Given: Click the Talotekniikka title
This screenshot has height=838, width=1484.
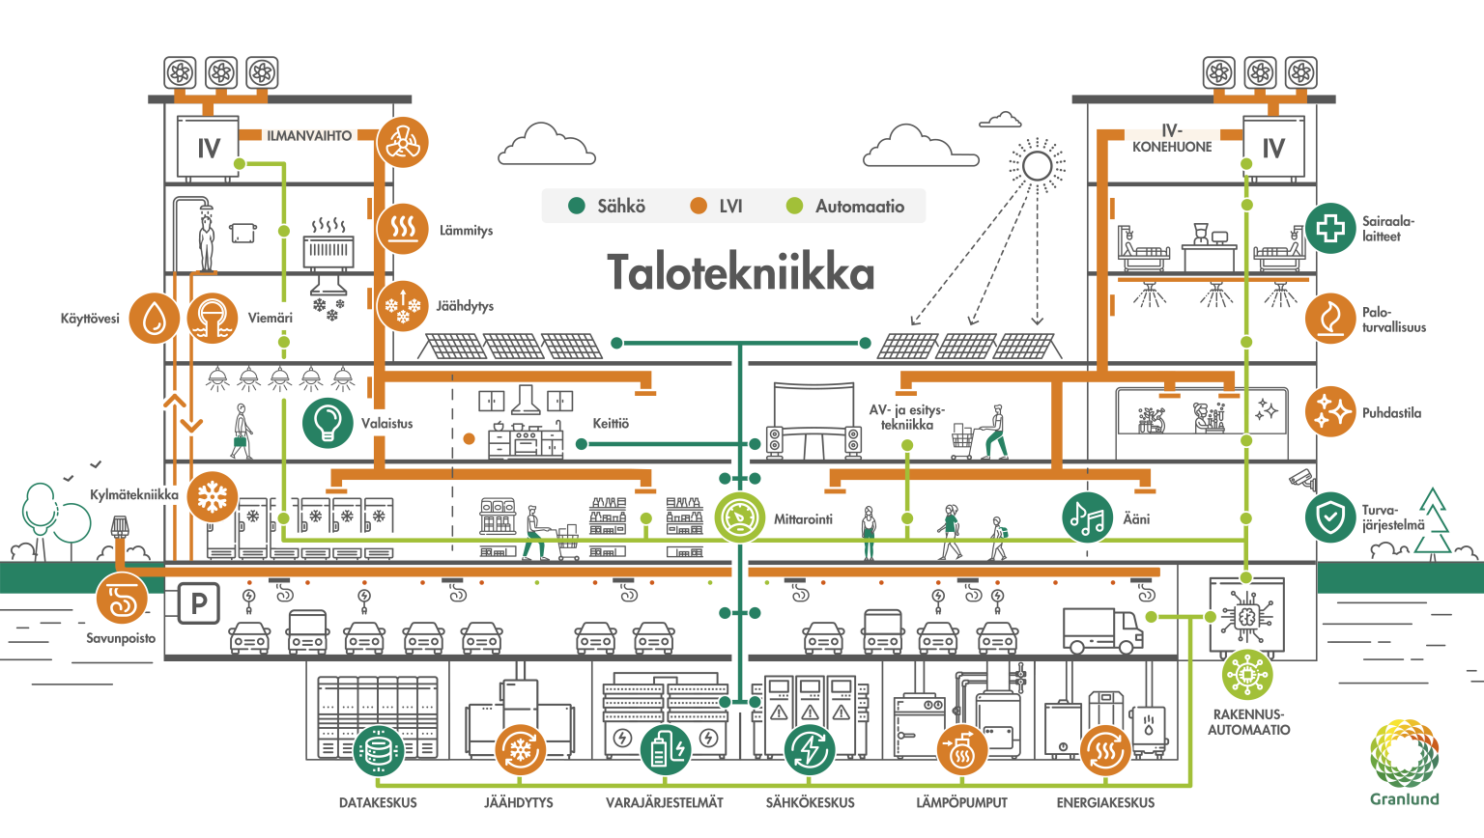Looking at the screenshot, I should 740,273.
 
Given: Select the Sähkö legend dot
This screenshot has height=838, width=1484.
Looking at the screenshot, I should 578,206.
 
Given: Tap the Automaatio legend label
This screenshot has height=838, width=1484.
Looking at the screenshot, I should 860,206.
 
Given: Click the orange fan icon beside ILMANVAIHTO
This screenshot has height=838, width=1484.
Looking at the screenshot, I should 402,143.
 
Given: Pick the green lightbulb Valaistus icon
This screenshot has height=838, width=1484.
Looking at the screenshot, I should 328,423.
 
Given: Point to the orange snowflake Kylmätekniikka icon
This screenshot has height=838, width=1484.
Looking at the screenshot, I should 212,497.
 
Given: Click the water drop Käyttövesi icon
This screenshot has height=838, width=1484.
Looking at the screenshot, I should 154,318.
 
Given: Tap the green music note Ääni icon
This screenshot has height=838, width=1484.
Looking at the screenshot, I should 1087,517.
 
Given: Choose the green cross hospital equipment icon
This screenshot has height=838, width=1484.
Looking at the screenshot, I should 1330,228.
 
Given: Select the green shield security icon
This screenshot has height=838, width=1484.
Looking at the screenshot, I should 1330,517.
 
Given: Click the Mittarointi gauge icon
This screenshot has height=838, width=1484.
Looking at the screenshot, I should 740,517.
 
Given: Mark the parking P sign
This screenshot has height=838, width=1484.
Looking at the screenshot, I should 198,603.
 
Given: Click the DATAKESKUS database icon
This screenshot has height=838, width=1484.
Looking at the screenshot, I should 378,750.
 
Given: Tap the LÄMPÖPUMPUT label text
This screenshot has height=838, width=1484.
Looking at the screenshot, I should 961,802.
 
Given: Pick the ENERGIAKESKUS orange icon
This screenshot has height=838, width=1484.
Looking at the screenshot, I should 1105,750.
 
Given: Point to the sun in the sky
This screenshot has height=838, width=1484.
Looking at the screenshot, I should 1037,166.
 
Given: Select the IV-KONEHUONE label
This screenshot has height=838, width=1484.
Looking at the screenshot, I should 1172,139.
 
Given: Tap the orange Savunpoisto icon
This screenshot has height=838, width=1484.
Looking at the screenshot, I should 123,598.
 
